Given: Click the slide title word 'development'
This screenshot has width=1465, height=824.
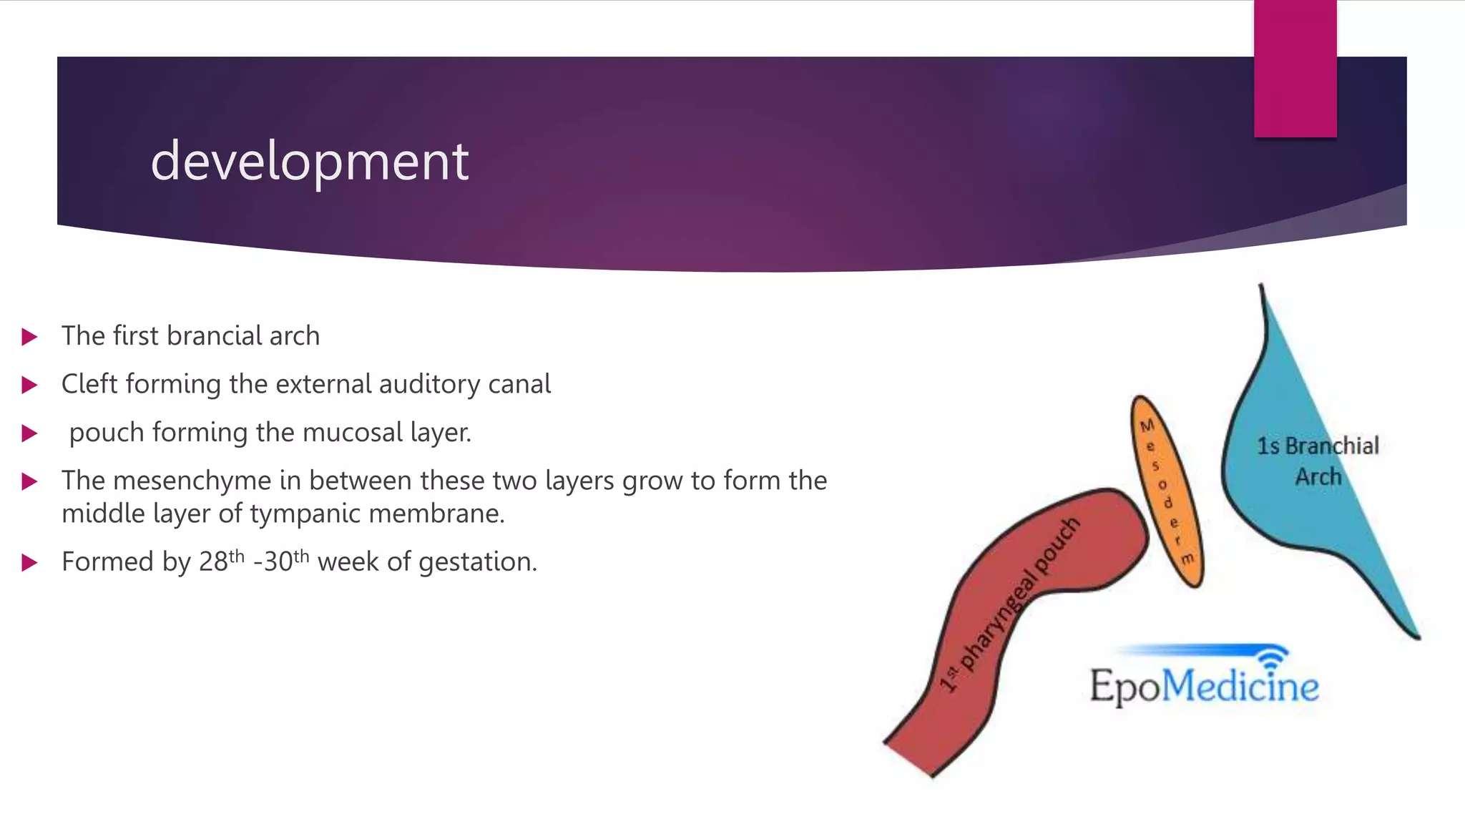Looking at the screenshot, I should coord(309,162).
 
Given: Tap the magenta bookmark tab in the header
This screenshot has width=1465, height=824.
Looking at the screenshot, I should coord(1295,68).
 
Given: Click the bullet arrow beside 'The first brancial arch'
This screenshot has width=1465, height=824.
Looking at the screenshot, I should coord(29,337).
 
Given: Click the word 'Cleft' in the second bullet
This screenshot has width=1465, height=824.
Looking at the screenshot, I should coord(89,384).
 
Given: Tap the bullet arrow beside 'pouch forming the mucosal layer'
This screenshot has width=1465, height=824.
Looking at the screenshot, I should coord(29,433).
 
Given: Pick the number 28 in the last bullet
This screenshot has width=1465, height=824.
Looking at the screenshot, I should coord(212,562).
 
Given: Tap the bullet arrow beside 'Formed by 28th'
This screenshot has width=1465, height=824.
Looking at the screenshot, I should coord(29,563).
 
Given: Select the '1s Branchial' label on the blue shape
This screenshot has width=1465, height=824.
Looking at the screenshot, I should coord(1318,446).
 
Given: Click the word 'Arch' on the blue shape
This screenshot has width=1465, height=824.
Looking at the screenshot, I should coord(1318,476).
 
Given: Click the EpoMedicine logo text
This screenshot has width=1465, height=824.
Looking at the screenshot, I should coord(1204,685).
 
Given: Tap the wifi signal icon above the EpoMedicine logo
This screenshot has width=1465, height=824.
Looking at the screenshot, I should coord(1271,657).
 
